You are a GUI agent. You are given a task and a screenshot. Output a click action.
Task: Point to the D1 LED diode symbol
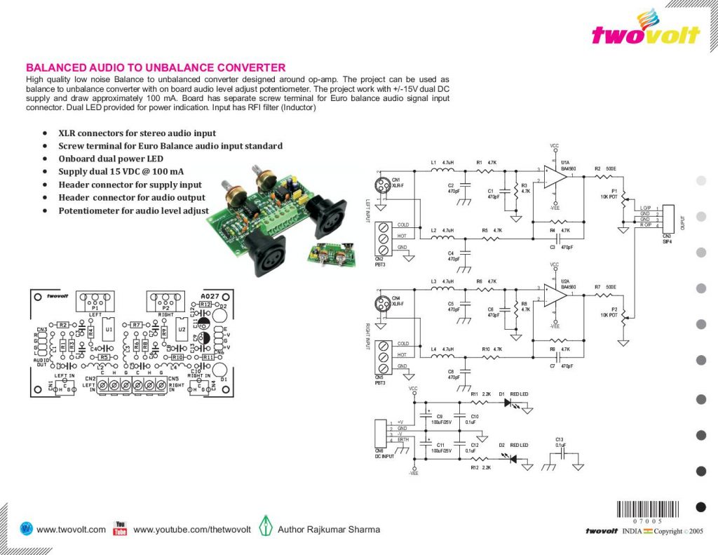[x=508, y=403]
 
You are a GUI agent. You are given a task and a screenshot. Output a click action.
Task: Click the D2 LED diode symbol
[x=513, y=459]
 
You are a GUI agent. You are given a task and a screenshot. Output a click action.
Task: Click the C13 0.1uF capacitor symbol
[x=560, y=456]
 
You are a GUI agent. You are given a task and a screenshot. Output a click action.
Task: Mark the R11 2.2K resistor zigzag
[x=481, y=403]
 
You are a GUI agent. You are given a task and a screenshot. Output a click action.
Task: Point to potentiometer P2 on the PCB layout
[x=165, y=302]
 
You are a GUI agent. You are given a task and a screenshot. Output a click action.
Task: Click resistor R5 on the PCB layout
[x=104, y=357]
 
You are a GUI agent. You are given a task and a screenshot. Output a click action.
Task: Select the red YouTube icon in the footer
[x=120, y=528]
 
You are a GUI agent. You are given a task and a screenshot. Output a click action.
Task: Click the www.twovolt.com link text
[x=71, y=530]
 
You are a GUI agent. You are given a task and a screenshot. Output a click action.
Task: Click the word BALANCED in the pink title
[x=57, y=68]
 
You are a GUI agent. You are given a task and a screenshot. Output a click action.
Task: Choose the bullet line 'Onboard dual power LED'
[x=111, y=159]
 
